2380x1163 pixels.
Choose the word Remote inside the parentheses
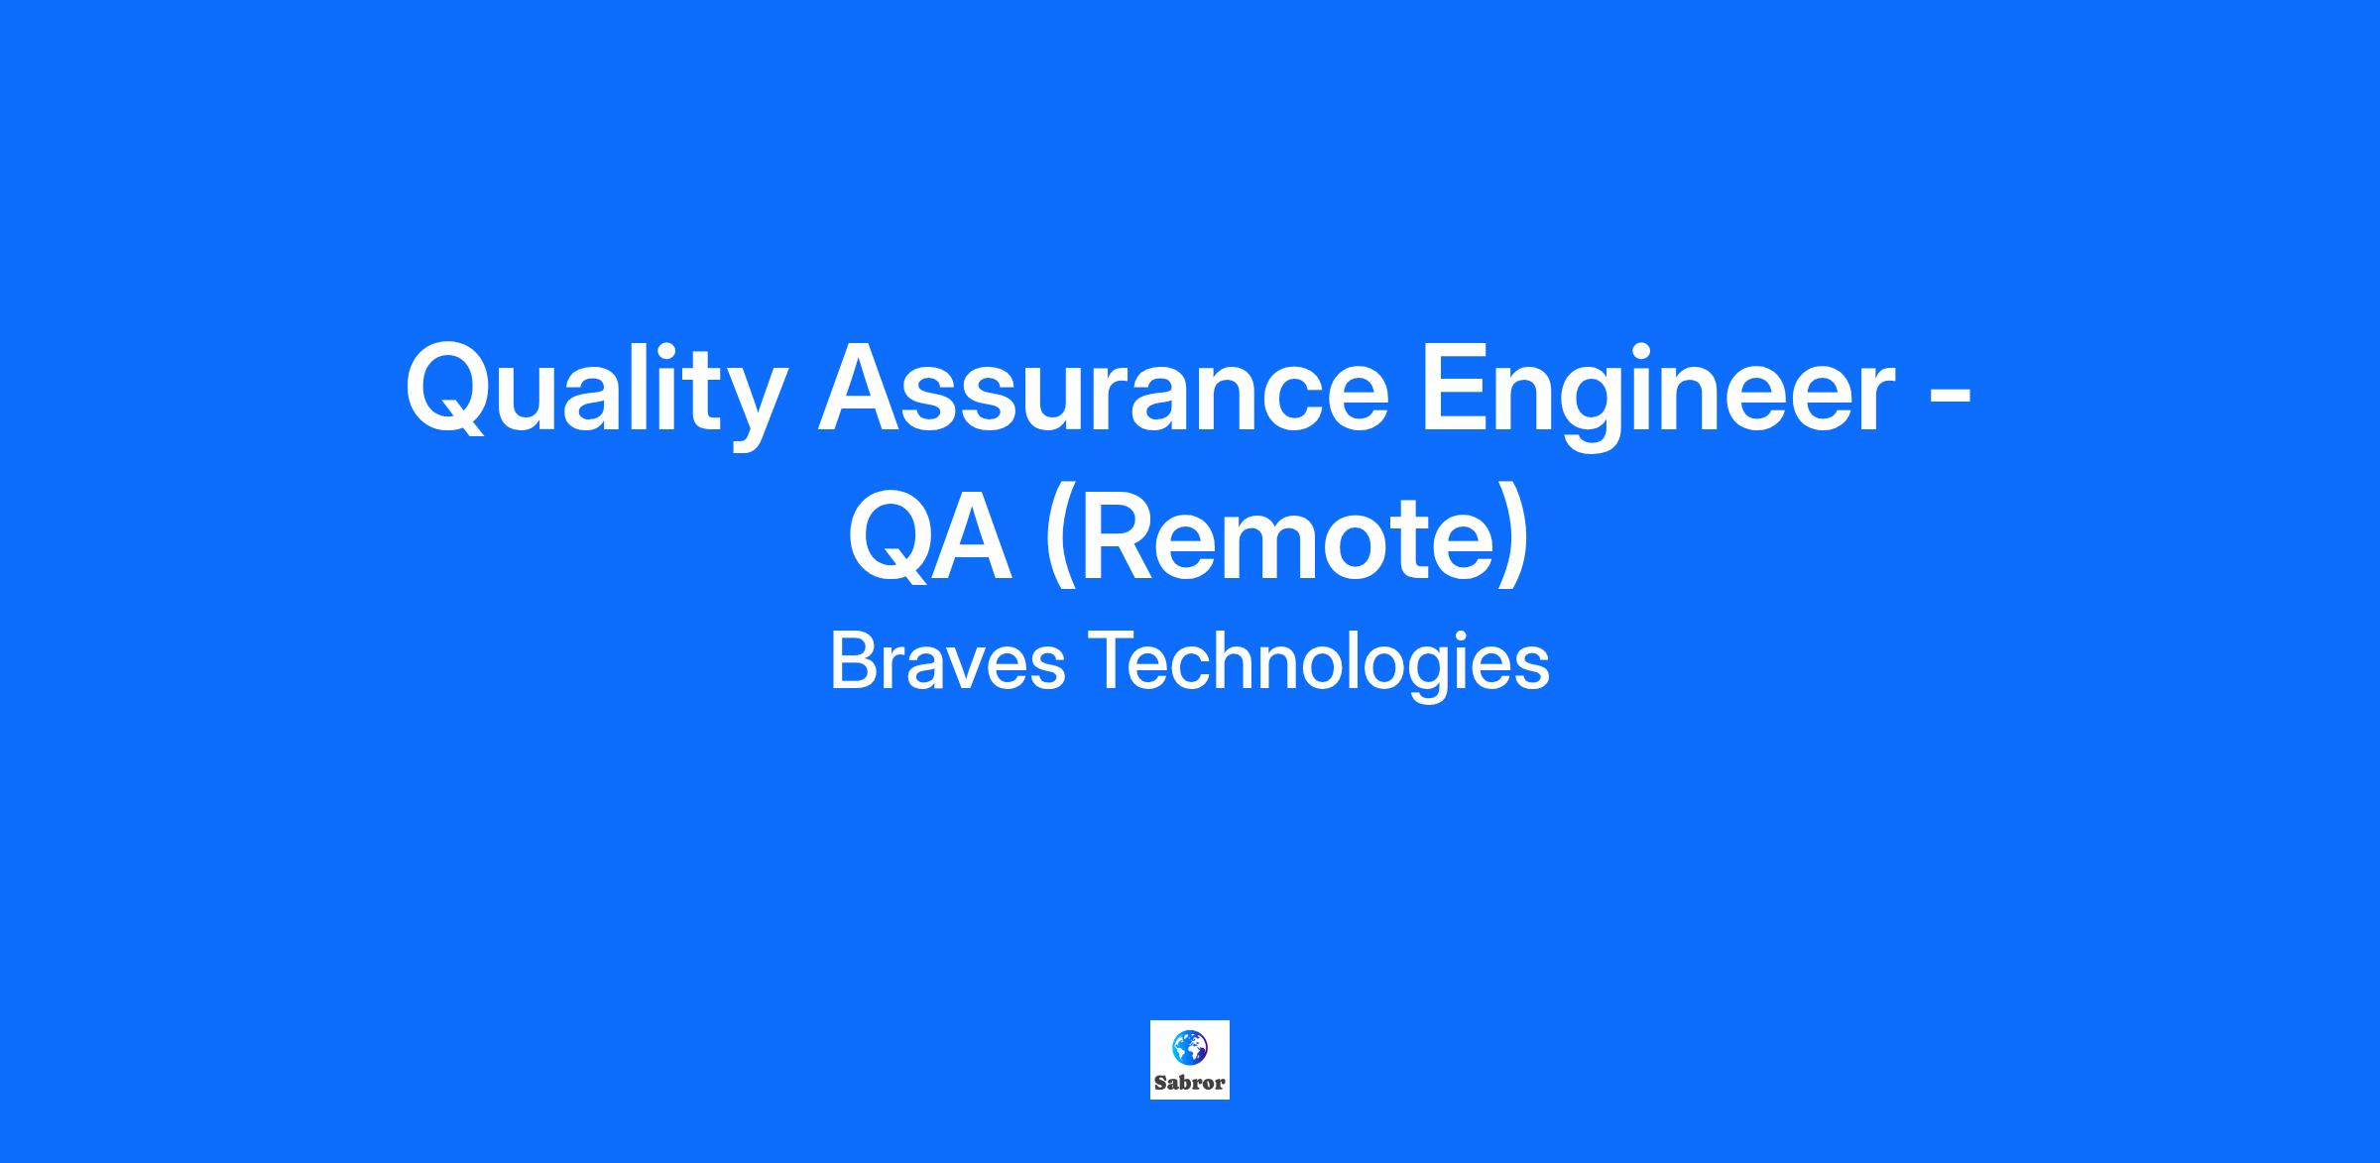1285,540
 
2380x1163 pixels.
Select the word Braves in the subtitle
947,662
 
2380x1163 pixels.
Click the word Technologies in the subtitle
1319,665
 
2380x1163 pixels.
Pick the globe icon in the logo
1189,1045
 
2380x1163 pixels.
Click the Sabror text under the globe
1189,1083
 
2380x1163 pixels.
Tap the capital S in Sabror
1160,1083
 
